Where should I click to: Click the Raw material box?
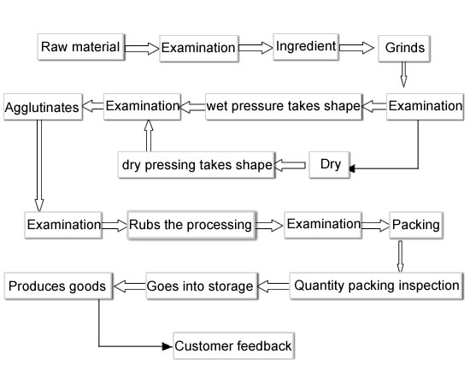pos(81,47)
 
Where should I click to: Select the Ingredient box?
pos(306,46)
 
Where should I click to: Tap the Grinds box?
pos(404,48)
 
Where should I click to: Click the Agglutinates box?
pos(43,107)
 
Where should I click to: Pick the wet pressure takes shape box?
pos(284,107)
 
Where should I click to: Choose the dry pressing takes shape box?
pos(197,165)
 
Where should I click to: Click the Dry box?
pos(329,165)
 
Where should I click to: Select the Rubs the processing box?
pos(191,225)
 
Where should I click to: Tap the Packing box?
pos(416,225)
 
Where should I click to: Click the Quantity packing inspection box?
pos(376,286)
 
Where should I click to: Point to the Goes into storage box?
pos(202,286)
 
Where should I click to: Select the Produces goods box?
pos(58,286)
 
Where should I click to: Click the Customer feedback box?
pos(233,345)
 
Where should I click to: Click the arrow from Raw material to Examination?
pos(142,48)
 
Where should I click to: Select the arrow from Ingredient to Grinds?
pos(356,48)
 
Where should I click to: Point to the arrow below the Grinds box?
pos(403,74)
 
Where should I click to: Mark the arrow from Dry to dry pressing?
pos(290,165)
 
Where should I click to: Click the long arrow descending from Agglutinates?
pos(39,166)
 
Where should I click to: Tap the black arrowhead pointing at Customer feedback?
pos(167,346)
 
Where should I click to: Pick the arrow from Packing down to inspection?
pos(400,256)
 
